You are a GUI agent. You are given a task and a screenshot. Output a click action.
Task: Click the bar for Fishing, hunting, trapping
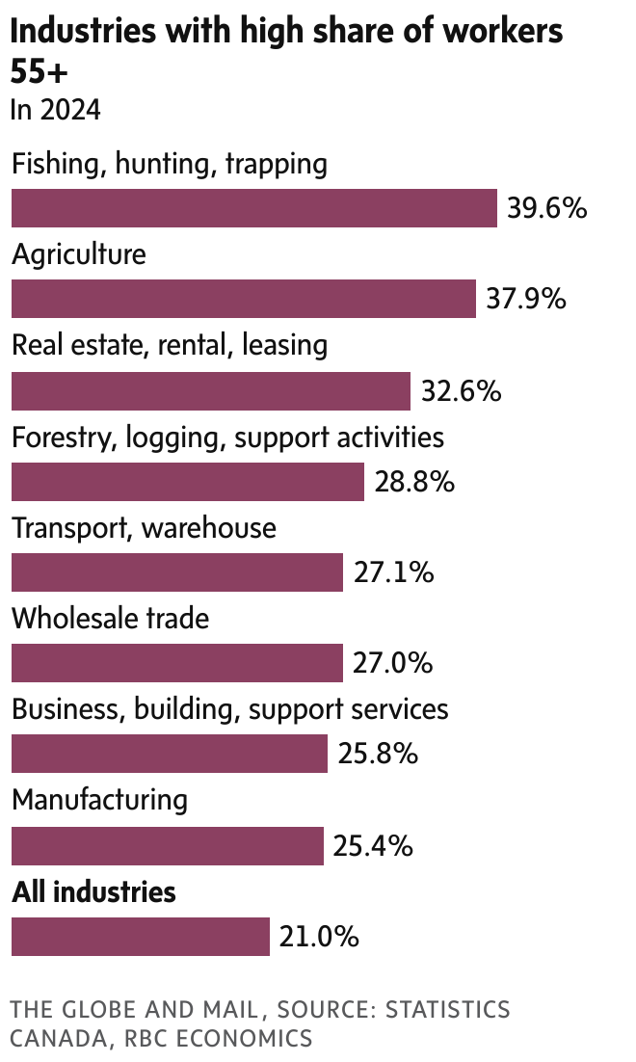pyautogui.click(x=253, y=208)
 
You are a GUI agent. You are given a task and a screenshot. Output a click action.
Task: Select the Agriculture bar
pyautogui.click(x=244, y=299)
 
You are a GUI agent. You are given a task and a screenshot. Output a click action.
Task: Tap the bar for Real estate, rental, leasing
pyautogui.click(x=211, y=390)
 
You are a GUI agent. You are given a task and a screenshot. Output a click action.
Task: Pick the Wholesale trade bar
pyautogui.click(x=177, y=664)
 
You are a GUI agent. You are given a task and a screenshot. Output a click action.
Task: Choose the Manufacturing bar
pyautogui.click(x=168, y=846)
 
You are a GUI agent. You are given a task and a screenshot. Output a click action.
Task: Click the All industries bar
pyautogui.click(x=141, y=937)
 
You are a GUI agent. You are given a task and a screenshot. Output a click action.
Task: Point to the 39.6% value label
pyautogui.click(x=546, y=208)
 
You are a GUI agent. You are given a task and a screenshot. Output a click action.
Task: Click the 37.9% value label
pyautogui.click(x=525, y=299)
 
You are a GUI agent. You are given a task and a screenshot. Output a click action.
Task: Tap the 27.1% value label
pyautogui.click(x=393, y=573)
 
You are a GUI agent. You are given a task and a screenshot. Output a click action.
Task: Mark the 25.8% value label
pyautogui.click(x=378, y=755)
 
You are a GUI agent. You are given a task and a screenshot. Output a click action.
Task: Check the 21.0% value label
pyautogui.click(x=319, y=937)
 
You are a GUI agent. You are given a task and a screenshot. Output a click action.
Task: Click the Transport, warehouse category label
pyautogui.click(x=144, y=528)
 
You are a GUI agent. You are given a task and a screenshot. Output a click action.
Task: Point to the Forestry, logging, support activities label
pyautogui.click(x=227, y=438)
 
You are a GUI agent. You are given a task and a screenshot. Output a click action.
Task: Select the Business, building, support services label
pyautogui.click(x=229, y=710)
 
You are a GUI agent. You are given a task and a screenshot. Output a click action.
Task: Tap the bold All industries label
pyautogui.click(x=93, y=892)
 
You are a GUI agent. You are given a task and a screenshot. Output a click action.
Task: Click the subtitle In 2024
pyautogui.click(x=55, y=110)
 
